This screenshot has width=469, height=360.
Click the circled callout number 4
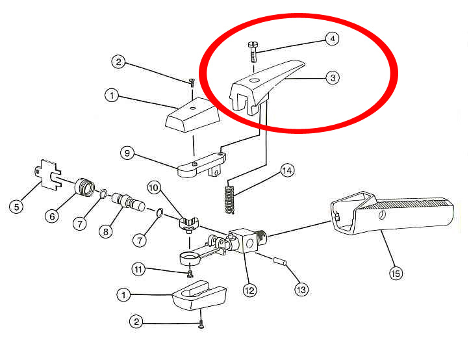[x=332, y=38]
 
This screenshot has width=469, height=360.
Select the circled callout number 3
[x=333, y=78]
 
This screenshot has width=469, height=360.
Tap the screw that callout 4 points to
[x=253, y=52]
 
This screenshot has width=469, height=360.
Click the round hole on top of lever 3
[x=255, y=80]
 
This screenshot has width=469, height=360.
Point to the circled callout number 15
[x=396, y=273]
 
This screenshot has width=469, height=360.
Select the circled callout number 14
[x=287, y=170]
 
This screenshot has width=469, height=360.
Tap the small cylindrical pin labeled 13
[x=280, y=261]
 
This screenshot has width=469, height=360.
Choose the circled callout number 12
[x=249, y=290]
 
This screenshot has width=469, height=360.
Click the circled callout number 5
[x=16, y=207]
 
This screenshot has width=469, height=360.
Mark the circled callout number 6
[x=52, y=216]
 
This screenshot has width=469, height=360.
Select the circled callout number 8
[x=106, y=231]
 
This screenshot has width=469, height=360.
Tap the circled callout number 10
[x=154, y=188]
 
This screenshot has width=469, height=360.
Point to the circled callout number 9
[x=127, y=153]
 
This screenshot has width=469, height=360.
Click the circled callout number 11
[x=138, y=269]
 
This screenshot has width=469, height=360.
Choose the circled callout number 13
[x=301, y=289]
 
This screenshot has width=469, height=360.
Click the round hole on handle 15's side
[x=382, y=215]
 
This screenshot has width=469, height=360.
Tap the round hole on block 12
[x=249, y=244]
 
